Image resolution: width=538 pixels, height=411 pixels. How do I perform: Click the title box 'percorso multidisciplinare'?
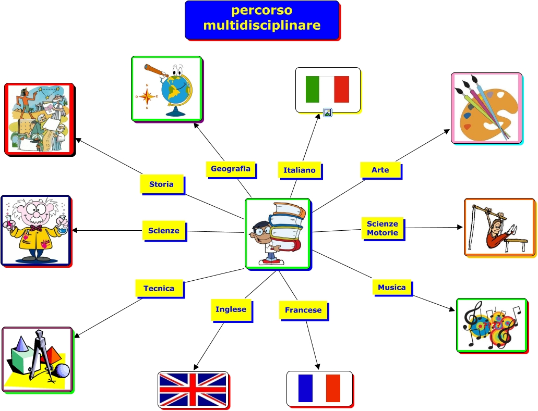point(262,20)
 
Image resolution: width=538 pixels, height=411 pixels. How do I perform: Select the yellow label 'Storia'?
point(162,184)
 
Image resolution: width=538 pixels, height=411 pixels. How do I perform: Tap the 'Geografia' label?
point(231,169)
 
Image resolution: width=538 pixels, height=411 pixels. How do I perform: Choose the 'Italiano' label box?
point(300,170)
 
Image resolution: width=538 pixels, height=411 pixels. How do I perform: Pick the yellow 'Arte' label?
point(380,170)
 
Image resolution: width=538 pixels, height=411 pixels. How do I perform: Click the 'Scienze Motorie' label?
point(382,228)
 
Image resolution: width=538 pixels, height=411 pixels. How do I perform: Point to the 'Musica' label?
point(392,288)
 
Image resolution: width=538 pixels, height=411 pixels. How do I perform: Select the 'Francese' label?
point(303,310)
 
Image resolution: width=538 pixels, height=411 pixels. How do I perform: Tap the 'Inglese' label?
point(231,309)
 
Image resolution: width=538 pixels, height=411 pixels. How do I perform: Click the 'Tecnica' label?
point(159,289)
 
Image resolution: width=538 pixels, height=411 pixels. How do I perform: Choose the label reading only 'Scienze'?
point(164,231)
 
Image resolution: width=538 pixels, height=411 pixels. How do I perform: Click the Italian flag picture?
point(327,89)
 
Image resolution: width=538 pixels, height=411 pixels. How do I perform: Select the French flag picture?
point(319,389)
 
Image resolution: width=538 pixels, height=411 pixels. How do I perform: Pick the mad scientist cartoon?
point(35,230)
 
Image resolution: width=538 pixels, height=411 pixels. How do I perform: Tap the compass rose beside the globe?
point(148,96)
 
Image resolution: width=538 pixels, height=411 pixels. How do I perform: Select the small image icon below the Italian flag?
point(328,112)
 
